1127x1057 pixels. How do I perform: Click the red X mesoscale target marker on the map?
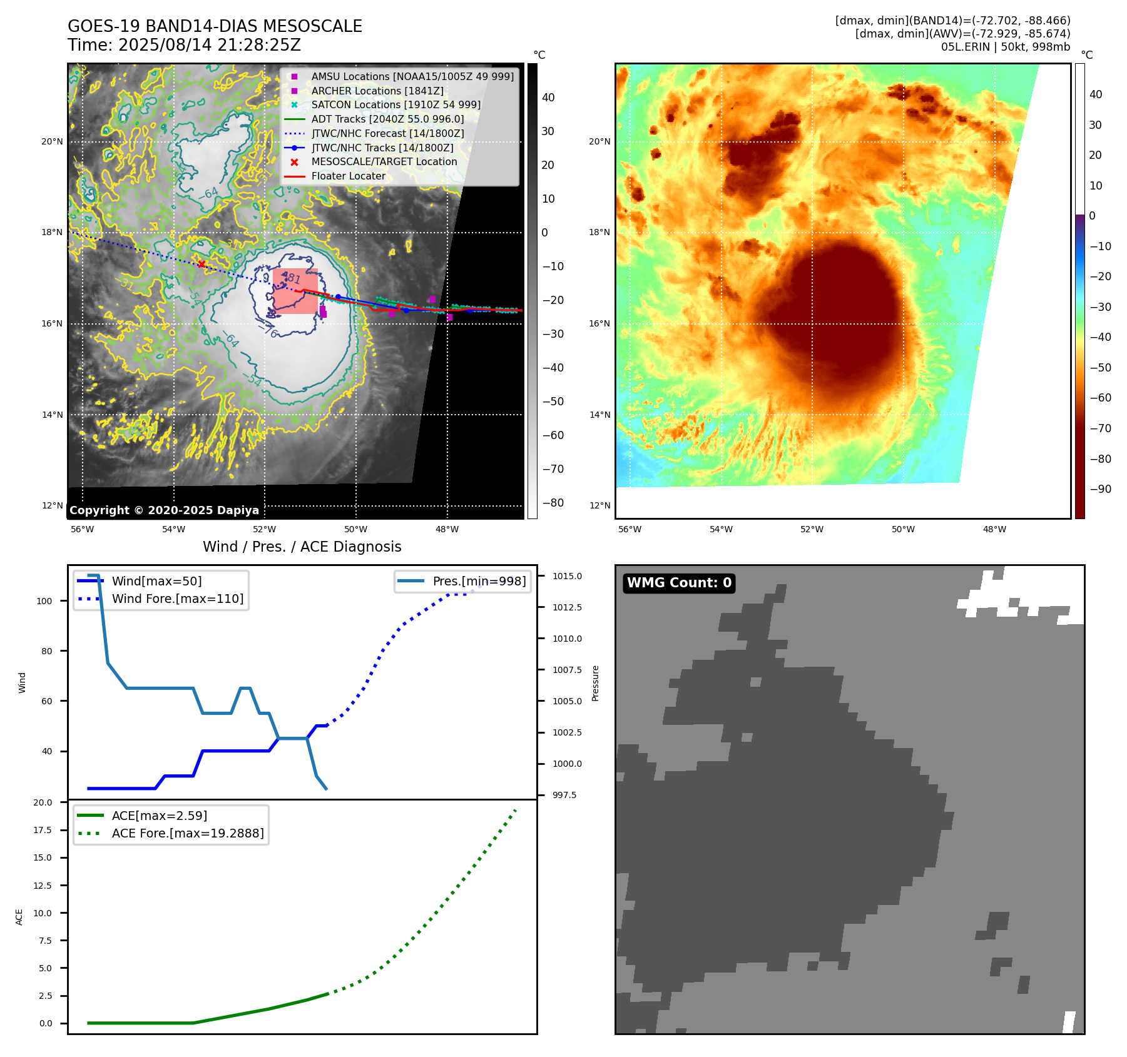201,264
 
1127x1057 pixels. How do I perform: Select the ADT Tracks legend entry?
387,119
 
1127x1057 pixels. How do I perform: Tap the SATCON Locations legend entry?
395,104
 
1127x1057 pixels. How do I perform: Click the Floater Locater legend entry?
348,176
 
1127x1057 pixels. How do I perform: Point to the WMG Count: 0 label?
679,583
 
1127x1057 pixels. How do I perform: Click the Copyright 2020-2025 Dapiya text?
164,510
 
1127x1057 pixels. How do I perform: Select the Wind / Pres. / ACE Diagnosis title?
302,547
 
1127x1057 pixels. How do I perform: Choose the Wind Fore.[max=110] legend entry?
177,599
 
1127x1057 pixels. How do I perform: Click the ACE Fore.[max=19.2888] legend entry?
187,833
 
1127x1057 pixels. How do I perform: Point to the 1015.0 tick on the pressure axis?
567,576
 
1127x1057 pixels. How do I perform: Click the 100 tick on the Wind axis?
44,601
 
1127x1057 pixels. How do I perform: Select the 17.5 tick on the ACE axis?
43,830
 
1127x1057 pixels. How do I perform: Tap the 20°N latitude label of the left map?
52,142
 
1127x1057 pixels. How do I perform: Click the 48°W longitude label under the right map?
994,529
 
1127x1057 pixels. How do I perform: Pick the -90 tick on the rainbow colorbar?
1100,489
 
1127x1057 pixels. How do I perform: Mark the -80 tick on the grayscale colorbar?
553,503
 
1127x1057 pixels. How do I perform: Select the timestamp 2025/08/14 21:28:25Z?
210,45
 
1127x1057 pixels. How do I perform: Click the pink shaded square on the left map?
295,291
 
